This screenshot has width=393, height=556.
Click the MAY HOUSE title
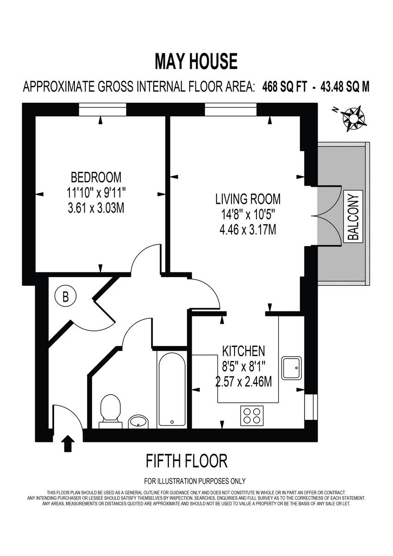click(x=196, y=62)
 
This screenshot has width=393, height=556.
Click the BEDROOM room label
click(x=96, y=177)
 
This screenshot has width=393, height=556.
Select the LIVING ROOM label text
click(x=248, y=199)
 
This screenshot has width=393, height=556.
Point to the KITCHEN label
click(x=243, y=350)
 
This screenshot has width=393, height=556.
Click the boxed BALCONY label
click(x=353, y=217)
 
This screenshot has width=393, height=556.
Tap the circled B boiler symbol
click(x=65, y=297)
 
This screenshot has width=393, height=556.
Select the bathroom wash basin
click(x=138, y=421)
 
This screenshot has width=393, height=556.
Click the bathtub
click(x=172, y=390)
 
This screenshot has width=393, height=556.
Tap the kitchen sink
click(x=292, y=367)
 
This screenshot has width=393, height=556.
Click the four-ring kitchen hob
click(x=252, y=415)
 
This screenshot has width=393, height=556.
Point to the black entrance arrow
click(x=68, y=443)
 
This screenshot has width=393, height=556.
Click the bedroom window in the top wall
click(x=102, y=110)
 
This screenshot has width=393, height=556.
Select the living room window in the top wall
click(x=231, y=110)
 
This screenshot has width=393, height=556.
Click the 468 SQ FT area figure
click(x=284, y=87)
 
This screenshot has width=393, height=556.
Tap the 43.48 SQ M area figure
click(x=343, y=87)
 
